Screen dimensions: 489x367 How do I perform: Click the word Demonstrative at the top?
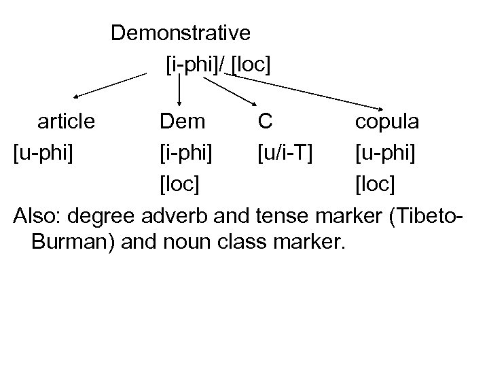pos(181,33)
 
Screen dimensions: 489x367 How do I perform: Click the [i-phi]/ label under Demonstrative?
pos(196,65)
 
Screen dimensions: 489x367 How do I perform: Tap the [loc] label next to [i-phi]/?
pos(251,65)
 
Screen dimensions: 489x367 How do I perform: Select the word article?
pos(67,122)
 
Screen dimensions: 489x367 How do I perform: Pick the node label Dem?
pos(182,122)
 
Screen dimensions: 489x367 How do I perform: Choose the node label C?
pos(265,122)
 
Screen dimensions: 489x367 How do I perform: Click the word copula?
pos(386,122)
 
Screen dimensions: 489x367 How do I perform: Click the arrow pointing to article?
pos(109,86)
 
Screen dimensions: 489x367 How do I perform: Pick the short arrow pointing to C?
pos(228,91)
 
